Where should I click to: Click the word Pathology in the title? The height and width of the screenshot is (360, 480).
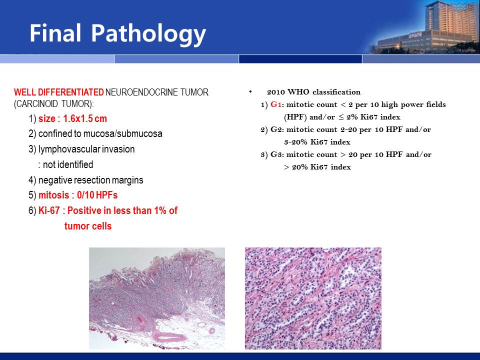point(148,34)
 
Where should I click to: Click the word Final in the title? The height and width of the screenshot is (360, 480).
point(55,32)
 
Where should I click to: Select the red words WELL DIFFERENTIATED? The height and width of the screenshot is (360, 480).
point(59,92)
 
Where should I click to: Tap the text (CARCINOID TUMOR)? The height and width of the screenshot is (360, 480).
point(54,104)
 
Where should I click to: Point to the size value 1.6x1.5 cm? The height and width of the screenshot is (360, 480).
point(85,119)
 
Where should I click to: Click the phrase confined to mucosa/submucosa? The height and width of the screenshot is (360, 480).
point(100,134)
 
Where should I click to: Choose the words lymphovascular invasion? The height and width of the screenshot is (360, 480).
point(86,149)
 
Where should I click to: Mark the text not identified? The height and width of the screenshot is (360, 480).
point(68,164)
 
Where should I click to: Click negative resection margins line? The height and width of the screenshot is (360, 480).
point(90,180)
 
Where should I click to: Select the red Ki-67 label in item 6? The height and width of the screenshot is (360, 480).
point(49,210)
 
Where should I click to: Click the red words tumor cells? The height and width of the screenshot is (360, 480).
point(88,226)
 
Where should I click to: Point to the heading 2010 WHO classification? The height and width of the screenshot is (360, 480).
point(314,92)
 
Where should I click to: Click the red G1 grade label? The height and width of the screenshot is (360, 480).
point(276,104)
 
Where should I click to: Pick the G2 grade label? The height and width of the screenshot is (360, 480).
point(276,129)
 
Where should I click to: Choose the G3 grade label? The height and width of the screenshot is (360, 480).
point(276,154)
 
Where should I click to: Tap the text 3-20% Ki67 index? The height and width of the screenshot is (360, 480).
point(317,142)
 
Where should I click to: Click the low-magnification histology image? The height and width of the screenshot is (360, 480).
point(156,298)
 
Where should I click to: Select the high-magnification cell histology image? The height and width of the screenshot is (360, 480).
point(313,298)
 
